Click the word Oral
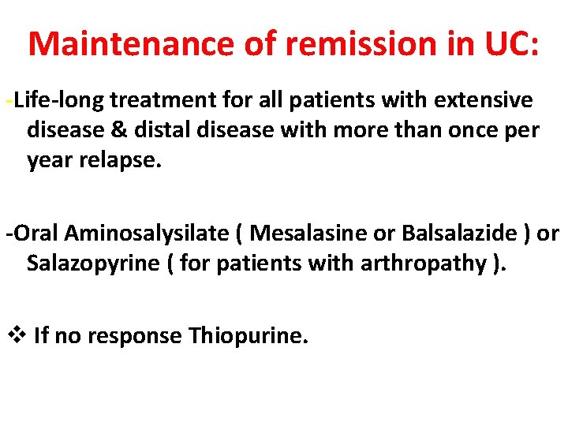click(x=35, y=234)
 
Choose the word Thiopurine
click(x=246, y=336)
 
